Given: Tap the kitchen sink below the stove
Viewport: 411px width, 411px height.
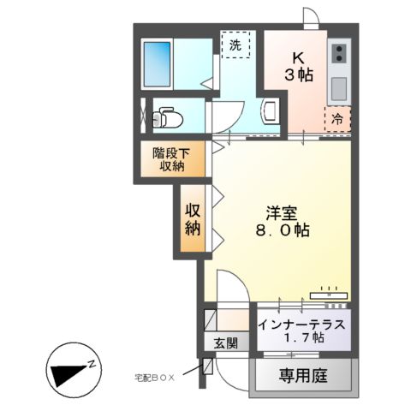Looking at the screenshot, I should click(x=337, y=86).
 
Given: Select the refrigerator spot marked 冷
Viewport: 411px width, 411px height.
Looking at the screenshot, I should click(x=337, y=119).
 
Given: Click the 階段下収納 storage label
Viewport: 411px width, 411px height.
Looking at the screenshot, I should click(x=169, y=159).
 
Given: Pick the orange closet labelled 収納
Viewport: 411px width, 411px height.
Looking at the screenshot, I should click(x=193, y=219).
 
